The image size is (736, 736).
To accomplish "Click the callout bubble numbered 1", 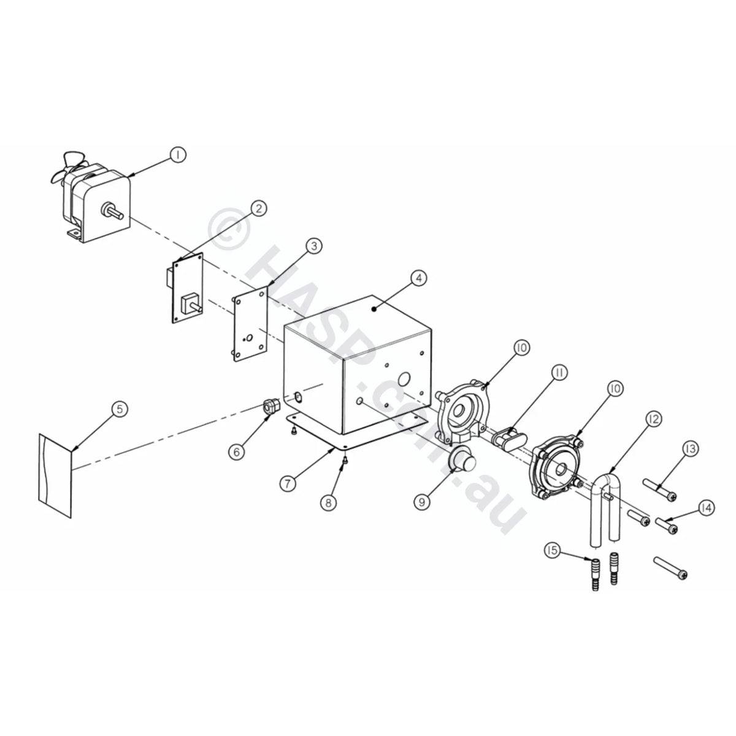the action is point(178,155).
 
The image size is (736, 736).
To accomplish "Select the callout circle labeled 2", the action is point(259,209).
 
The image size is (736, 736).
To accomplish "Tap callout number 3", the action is point(314,247).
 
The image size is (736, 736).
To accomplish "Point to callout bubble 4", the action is point(419,278).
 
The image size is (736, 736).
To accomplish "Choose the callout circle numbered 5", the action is point(120,409).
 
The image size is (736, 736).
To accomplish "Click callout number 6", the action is point(237,452).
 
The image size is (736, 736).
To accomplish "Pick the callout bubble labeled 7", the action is point(288,483).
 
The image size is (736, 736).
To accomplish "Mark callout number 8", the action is point(329,503).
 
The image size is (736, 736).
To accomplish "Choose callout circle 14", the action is point(706,508).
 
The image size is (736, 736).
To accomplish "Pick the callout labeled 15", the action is point(552,550).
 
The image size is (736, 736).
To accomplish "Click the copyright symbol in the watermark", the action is point(229,229).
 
